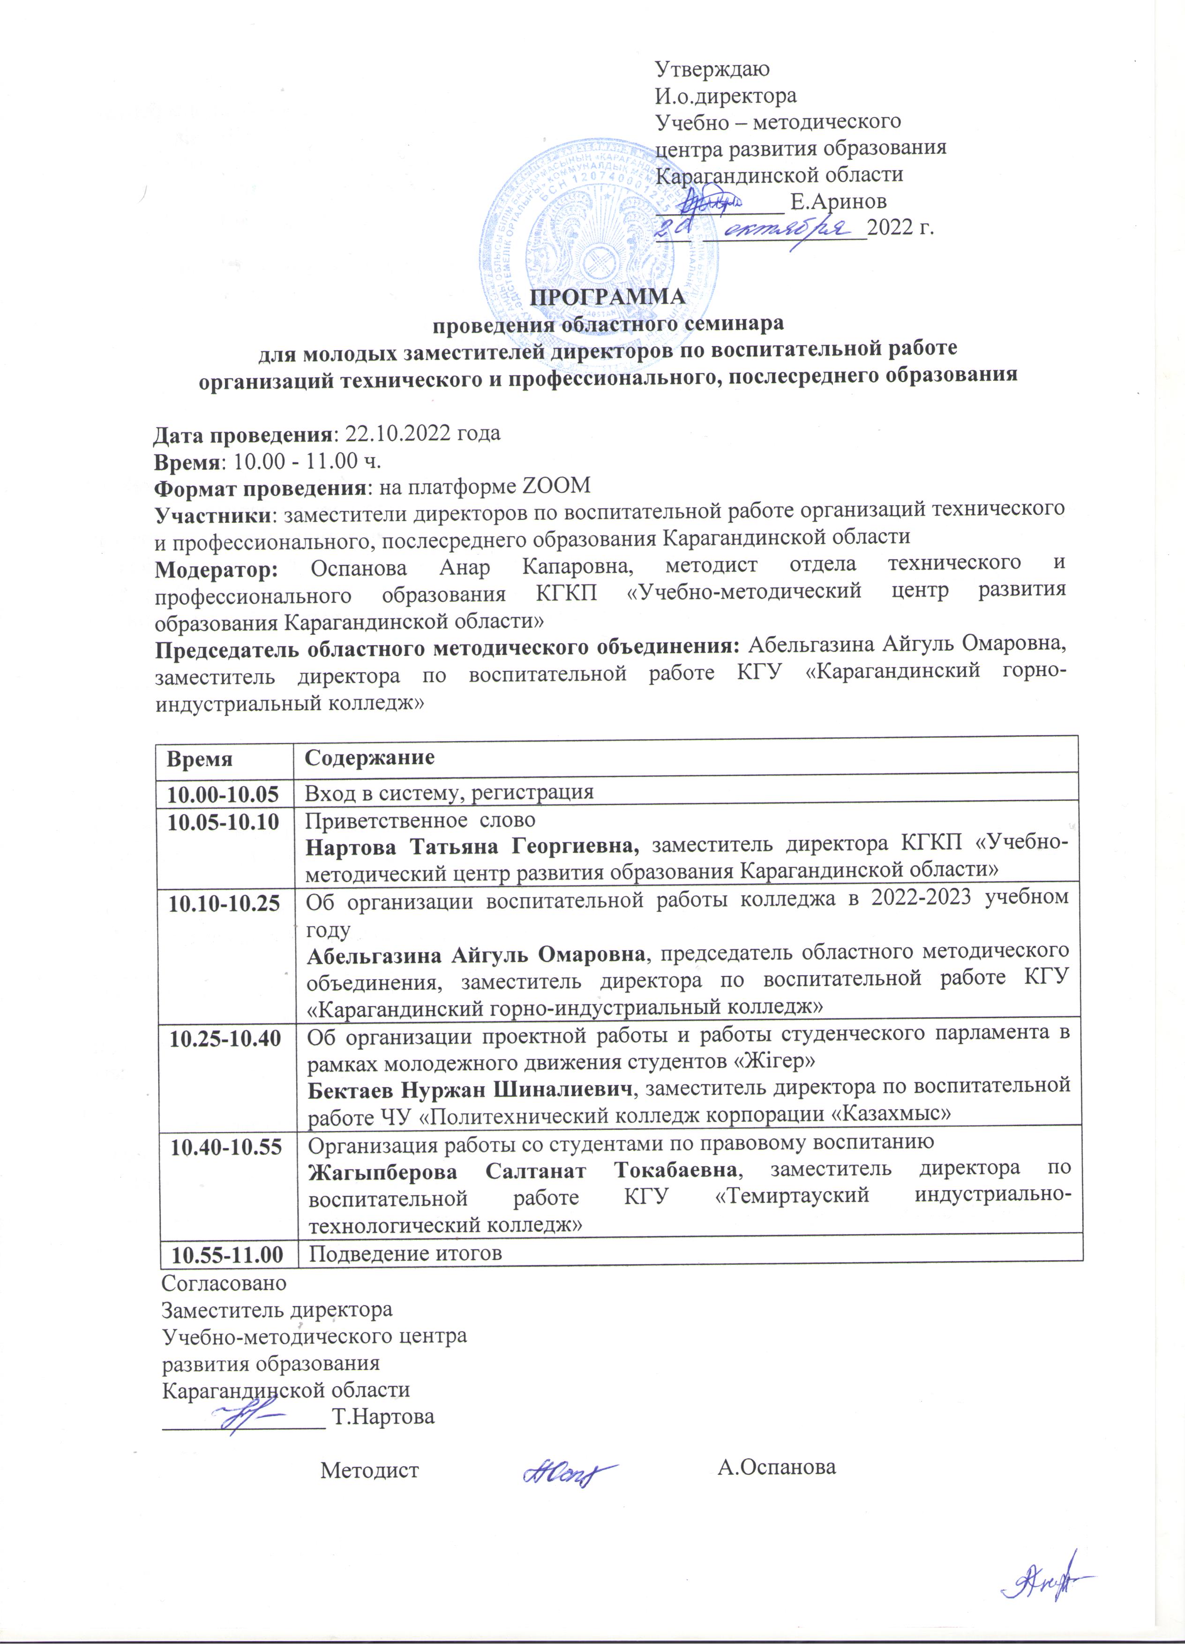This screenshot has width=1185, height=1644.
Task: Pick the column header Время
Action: [200, 759]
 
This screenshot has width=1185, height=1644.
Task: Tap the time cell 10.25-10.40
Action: [225, 1039]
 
